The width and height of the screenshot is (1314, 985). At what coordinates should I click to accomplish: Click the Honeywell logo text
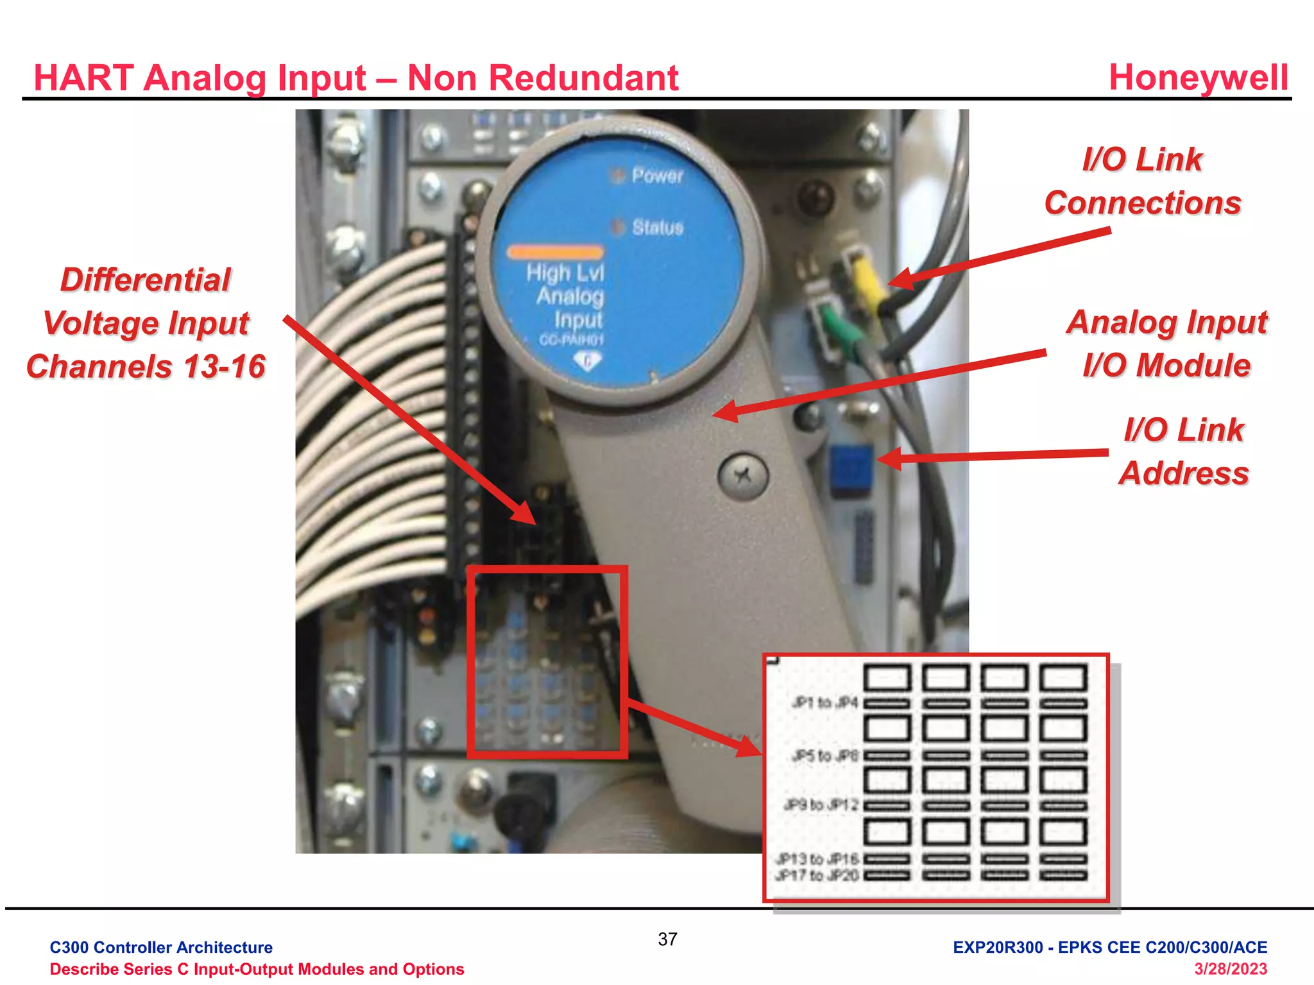(x=1198, y=78)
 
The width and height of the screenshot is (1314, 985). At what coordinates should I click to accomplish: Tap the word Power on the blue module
(x=657, y=175)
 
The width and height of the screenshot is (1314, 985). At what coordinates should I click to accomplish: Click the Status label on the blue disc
(x=658, y=227)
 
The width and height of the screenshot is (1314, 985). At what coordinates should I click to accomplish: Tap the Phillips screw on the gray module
(x=743, y=475)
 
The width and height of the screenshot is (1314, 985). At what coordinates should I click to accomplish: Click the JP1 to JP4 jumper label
(x=824, y=703)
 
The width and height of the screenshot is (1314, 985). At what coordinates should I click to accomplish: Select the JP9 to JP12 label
(x=821, y=805)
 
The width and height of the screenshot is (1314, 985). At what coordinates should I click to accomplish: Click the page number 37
(x=667, y=939)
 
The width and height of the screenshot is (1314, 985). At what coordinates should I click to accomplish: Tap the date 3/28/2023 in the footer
(x=1230, y=969)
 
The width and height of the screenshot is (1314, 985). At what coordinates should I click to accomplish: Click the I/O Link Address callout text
(x=1184, y=451)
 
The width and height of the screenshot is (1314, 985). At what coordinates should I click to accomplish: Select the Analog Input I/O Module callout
(x=1166, y=344)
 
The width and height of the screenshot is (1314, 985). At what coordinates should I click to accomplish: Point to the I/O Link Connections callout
(x=1142, y=181)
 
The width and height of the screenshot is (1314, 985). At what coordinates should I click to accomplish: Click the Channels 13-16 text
(x=146, y=367)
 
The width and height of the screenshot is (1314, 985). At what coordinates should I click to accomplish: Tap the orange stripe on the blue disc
(x=555, y=252)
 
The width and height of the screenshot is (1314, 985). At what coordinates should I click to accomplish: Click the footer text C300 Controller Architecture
(x=161, y=947)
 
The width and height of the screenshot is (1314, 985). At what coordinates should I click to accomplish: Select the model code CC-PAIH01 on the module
(x=571, y=340)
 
